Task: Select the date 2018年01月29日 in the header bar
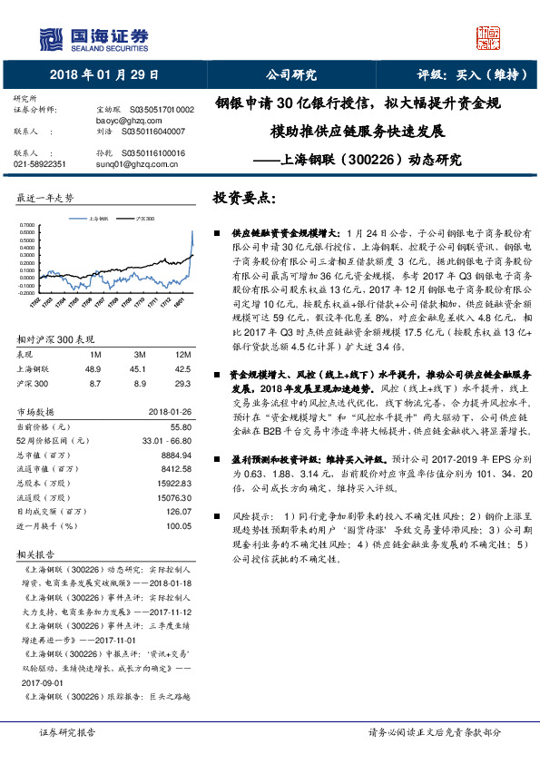point(103,75)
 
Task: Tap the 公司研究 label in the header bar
point(290,75)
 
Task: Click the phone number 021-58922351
point(40,164)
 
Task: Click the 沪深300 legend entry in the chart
point(143,219)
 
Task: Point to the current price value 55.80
point(181,426)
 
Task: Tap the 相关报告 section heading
point(36,553)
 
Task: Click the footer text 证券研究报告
point(67,731)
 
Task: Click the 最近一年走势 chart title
point(45,198)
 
